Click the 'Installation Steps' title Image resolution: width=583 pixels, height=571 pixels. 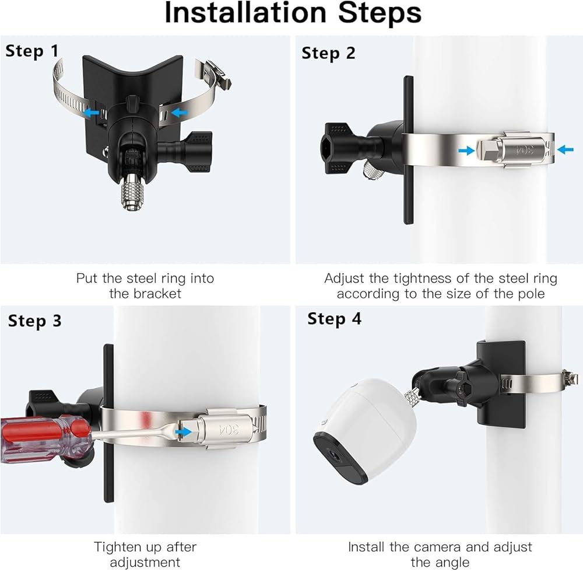[x=293, y=13]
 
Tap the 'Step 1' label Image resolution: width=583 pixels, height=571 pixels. [x=32, y=51]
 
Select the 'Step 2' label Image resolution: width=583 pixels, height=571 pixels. [x=328, y=53]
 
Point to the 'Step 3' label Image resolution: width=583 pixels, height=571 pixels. [x=34, y=321]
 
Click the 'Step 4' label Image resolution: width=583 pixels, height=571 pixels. [x=334, y=319]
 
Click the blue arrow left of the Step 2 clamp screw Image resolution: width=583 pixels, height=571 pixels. [x=466, y=151]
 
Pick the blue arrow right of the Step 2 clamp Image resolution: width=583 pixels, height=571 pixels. [x=566, y=149]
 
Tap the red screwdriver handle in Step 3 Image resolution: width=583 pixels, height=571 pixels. [x=45, y=439]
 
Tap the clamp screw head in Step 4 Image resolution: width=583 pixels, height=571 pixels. [x=570, y=379]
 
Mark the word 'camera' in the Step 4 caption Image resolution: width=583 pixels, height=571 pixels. [x=438, y=547]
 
